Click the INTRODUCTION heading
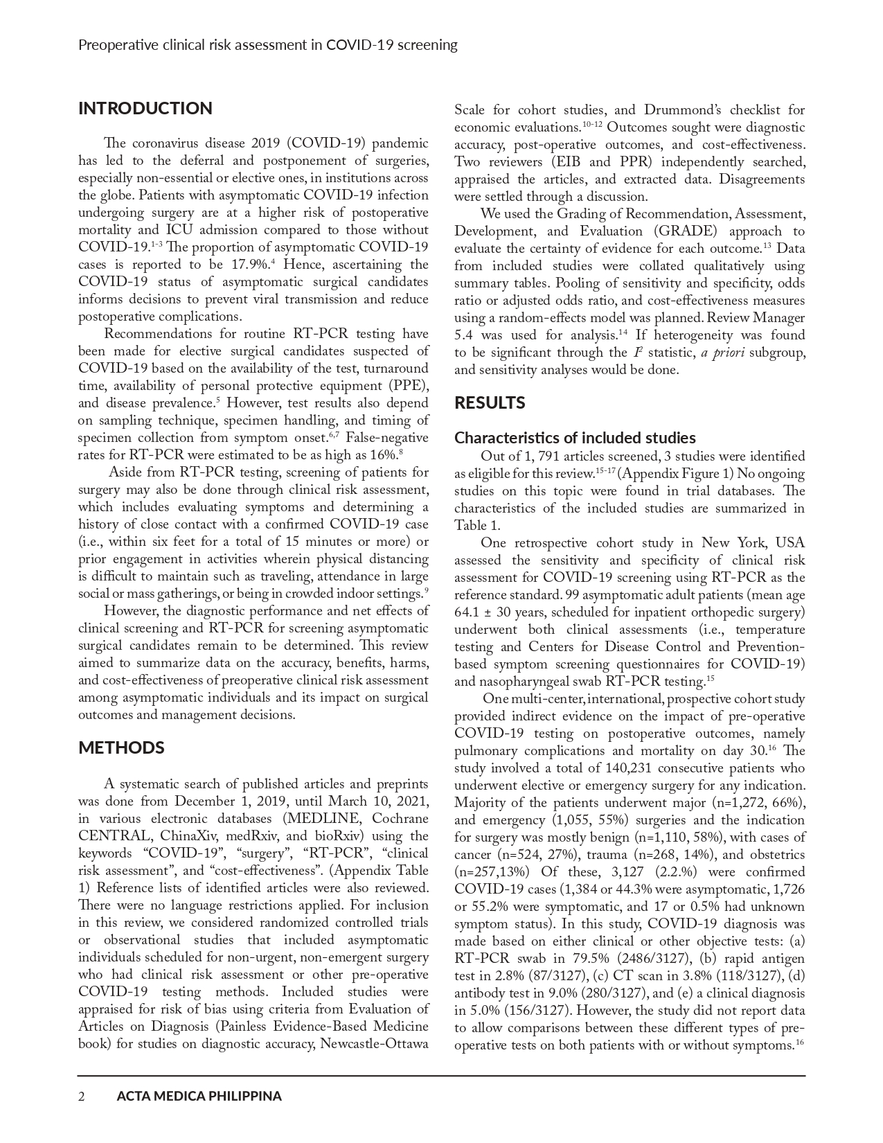(145, 109)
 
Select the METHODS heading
(121, 748)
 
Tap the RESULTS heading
(490, 403)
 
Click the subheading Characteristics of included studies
(575, 438)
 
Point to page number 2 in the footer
(82, 1097)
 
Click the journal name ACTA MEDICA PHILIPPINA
(199, 1097)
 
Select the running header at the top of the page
(268, 45)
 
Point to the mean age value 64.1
(468, 612)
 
